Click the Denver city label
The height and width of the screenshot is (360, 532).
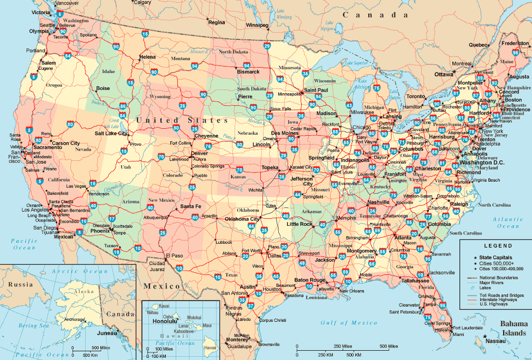pyautogui.click(x=200, y=153)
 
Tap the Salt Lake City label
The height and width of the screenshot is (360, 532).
pyautogui.click(x=111, y=133)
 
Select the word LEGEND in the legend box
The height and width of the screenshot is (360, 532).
pyautogui.click(x=494, y=247)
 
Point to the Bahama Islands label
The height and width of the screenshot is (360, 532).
pyautogui.click(x=512, y=328)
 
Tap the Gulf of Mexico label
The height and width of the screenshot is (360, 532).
pyautogui.click(x=349, y=323)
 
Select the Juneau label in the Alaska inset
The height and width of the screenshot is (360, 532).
pyautogui.click(x=107, y=333)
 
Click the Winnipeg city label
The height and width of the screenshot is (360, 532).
pyautogui.click(x=257, y=25)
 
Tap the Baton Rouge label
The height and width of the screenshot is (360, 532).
pyautogui.click(x=310, y=280)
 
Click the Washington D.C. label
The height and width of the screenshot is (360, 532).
pyautogui.click(x=481, y=163)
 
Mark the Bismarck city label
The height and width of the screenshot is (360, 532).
pyautogui.click(x=248, y=71)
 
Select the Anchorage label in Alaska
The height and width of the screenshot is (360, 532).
pyautogui.click(x=74, y=319)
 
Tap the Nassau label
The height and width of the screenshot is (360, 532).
pyautogui.click(x=495, y=340)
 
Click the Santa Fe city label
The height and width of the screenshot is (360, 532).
pyautogui.click(x=191, y=206)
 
